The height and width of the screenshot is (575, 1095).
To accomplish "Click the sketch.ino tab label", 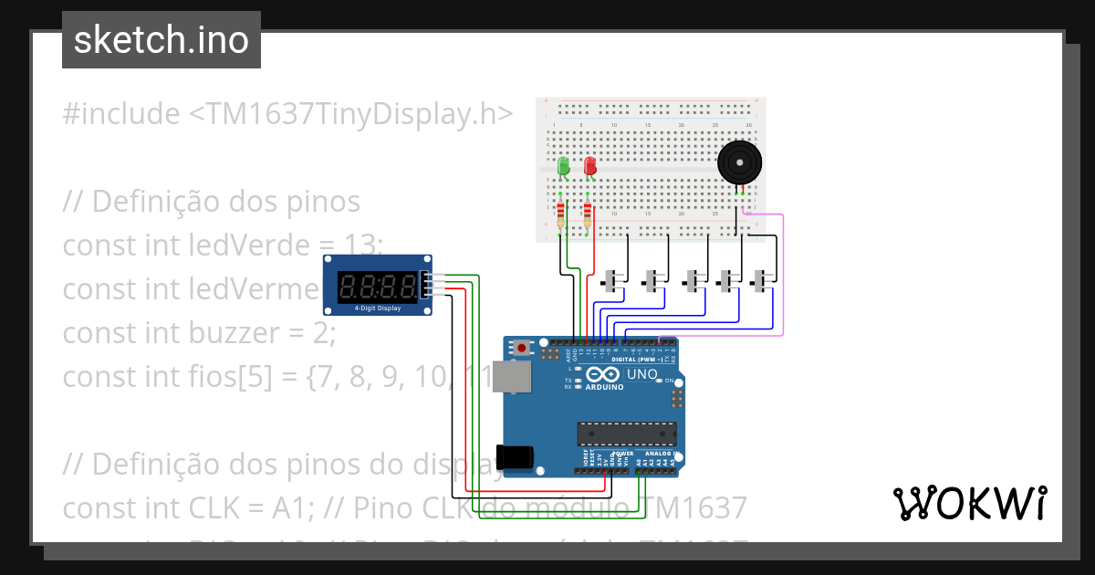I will tap(161, 40).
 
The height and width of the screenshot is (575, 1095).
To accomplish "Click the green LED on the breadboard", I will tap(563, 166).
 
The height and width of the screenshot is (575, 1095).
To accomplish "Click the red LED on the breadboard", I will tap(589, 166).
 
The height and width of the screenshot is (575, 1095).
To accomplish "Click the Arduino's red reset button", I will tap(522, 348).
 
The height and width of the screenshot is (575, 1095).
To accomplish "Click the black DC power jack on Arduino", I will tap(513, 456).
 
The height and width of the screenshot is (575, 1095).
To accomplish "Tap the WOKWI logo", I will tap(969, 503).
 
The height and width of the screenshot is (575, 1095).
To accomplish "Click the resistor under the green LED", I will tap(560, 215).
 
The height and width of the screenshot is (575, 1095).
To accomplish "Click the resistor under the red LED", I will tap(587, 215).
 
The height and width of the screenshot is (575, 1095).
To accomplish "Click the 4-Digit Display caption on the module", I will tap(377, 308).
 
